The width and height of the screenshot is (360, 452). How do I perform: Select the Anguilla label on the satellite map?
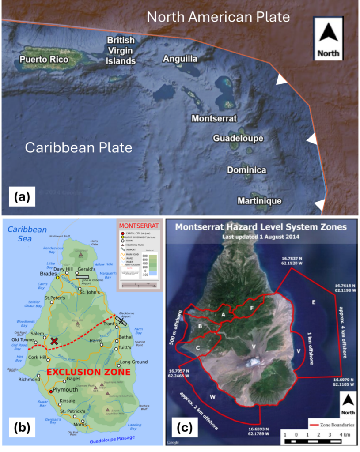tap(180, 59)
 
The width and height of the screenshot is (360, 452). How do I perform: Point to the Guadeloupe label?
tap(238, 139)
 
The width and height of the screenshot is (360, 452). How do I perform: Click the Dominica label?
tap(246, 170)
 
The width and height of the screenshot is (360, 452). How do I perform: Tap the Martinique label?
tap(259, 201)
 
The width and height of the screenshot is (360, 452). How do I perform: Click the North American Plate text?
tap(218, 17)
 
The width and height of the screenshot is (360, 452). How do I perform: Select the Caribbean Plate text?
tap(79, 147)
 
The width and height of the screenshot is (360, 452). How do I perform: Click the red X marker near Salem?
tap(54, 341)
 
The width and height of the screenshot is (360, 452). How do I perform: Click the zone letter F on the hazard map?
tap(251, 308)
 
